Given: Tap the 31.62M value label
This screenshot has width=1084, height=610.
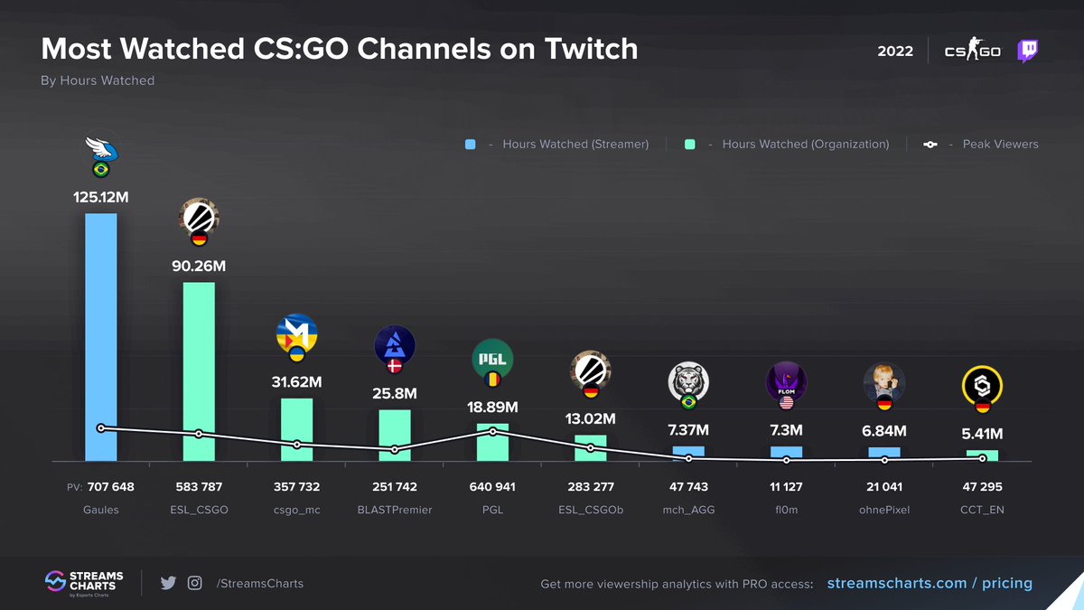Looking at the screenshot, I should pos(296,381).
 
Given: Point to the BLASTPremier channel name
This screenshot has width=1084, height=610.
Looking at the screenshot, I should pos(394,510).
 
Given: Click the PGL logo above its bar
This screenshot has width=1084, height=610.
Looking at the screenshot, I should pos(492,359).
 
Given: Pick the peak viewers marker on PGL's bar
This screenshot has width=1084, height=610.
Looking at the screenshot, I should pos(492,431).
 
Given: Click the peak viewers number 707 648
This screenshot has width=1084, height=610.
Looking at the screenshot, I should pos(110,487).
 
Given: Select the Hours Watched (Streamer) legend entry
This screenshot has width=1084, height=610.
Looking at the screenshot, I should pos(556,145).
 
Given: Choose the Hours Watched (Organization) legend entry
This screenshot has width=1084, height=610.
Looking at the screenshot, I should pos(786,145).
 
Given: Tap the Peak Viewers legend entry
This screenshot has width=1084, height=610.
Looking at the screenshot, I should pos(980,145).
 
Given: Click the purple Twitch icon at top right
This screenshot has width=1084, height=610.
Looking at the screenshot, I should pos(1027,51).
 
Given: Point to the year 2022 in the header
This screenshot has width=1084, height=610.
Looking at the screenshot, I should pos(894,52).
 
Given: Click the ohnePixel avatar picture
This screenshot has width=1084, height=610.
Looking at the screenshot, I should pos(884,382).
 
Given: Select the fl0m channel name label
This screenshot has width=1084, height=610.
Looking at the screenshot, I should pos(786,510).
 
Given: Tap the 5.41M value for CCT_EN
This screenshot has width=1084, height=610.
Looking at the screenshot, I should pos(982,433).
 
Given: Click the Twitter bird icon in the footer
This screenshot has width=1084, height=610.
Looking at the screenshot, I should pos(168,583).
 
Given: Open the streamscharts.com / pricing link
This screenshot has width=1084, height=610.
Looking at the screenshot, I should pos(930,583).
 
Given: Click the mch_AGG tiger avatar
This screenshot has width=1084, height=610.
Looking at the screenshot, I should pos(688,381).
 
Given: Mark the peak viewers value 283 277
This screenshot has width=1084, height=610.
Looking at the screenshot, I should pos(591,487).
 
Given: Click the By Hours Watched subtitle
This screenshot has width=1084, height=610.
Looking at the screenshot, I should pos(98,80).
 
